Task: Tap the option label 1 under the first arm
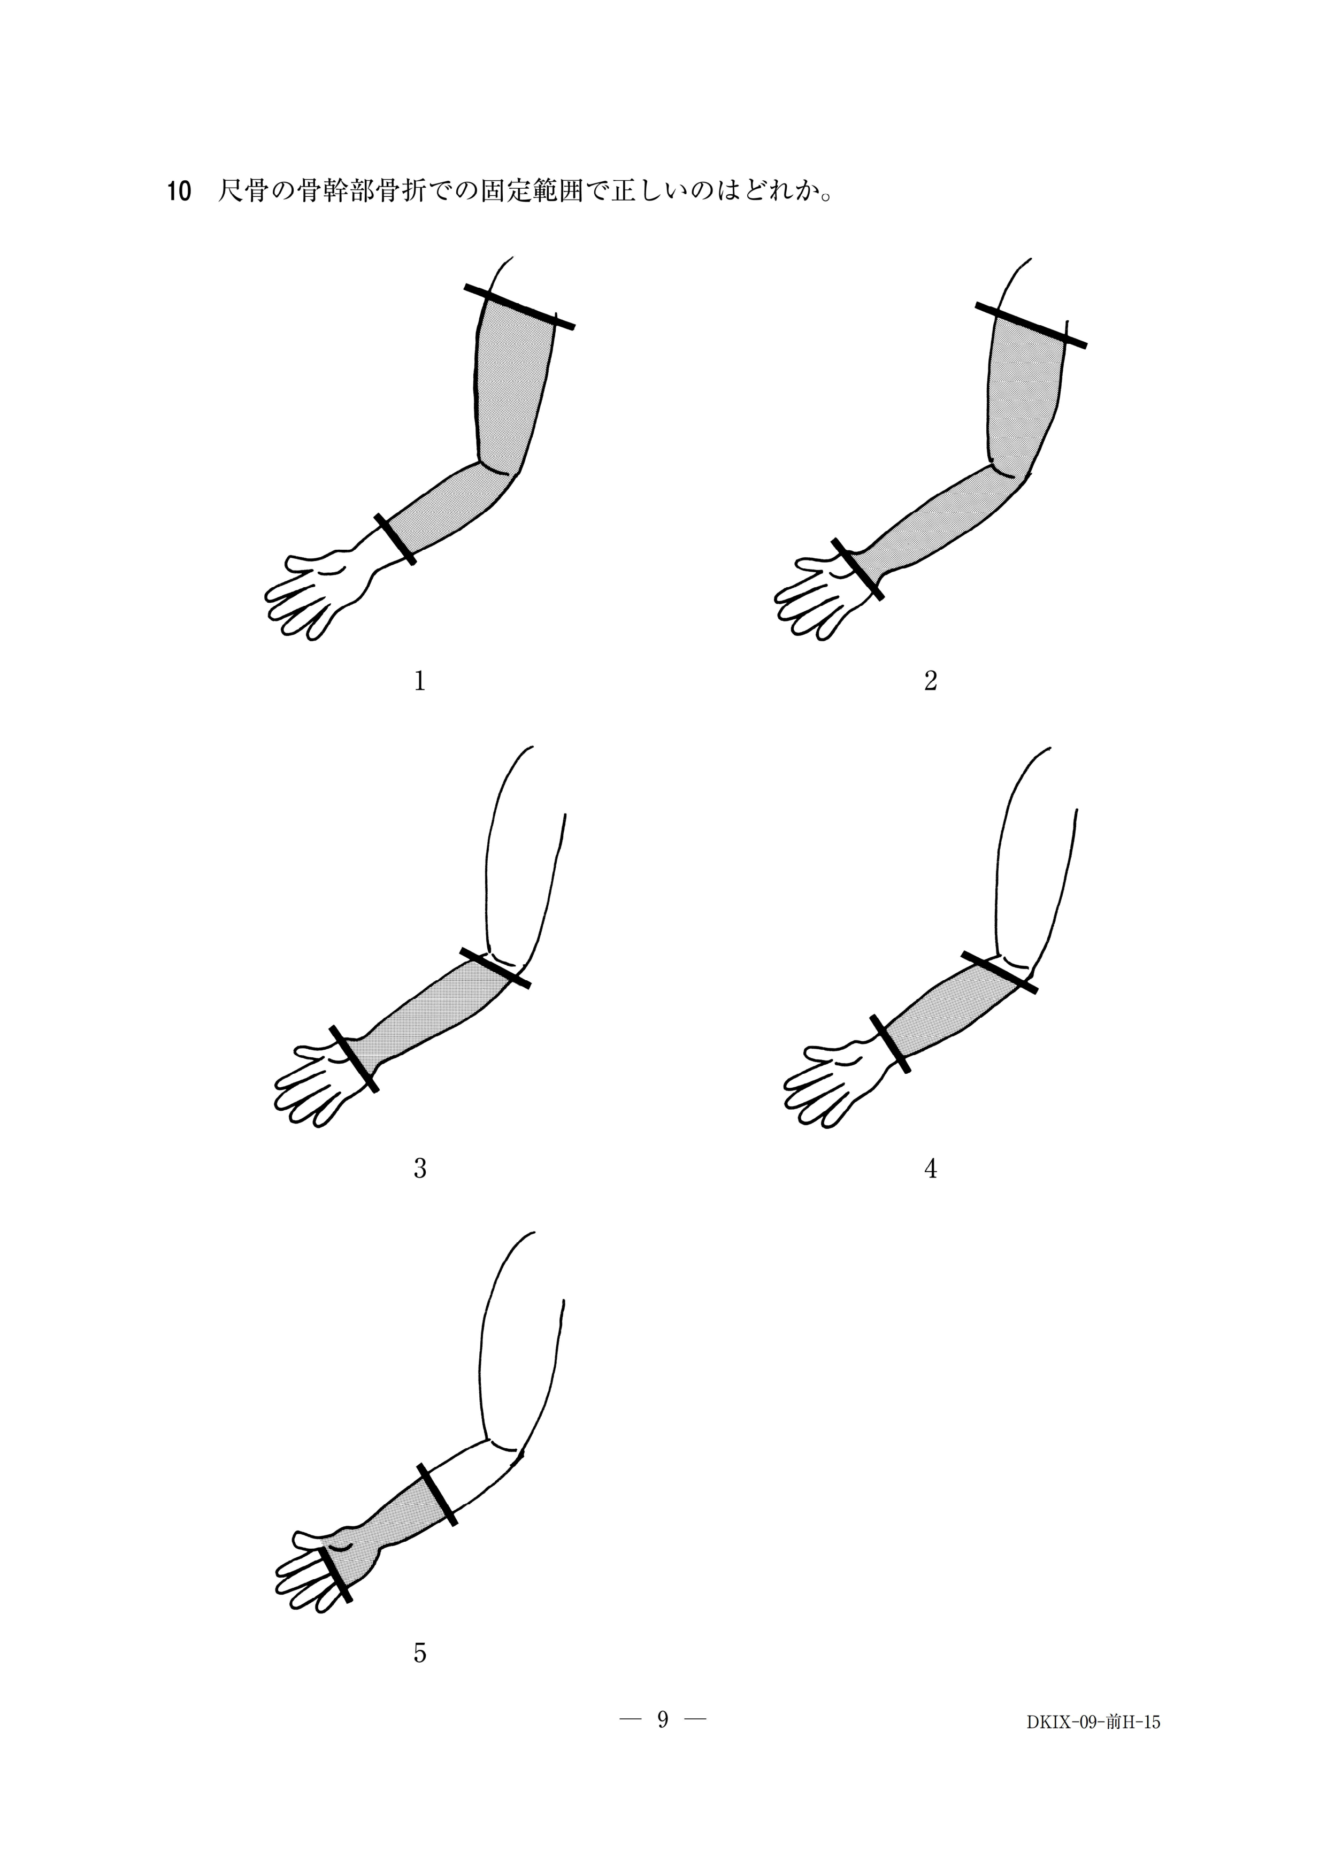pyautogui.click(x=420, y=681)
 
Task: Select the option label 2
pyautogui.click(x=931, y=681)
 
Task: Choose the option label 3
pyautogui.click(x=420, y=1169)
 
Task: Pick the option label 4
pyautogui.click(x=931, y=1169)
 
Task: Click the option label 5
pyautogui.click(x=420, y=1653)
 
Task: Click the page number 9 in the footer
pyautogui.click(x=663, y=1721)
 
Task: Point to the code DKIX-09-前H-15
pyautogui.click(x=1093, y=1723)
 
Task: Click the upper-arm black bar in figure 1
pyautogui.click(x=520, y=306)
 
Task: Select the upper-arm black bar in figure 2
pyautogui.click(x=1031, y=325)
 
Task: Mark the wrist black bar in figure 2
pyautogui.click(x=857, y=570)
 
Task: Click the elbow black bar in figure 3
pyautogui.click(x=495, y=968)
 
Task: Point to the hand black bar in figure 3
pyautogui.click(x=354, y=1059)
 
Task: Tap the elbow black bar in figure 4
pyautogui.click(x=999, y=972)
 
